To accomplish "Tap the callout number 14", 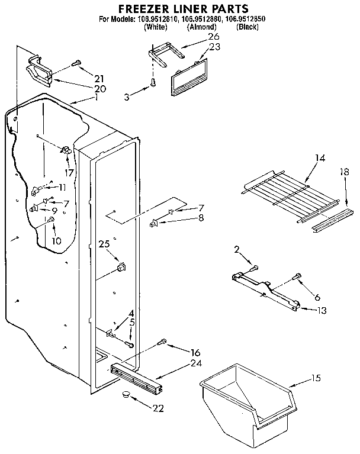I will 320,157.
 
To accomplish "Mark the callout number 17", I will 70,173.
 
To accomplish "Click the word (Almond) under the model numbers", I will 202,27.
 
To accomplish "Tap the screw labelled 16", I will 163,342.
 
